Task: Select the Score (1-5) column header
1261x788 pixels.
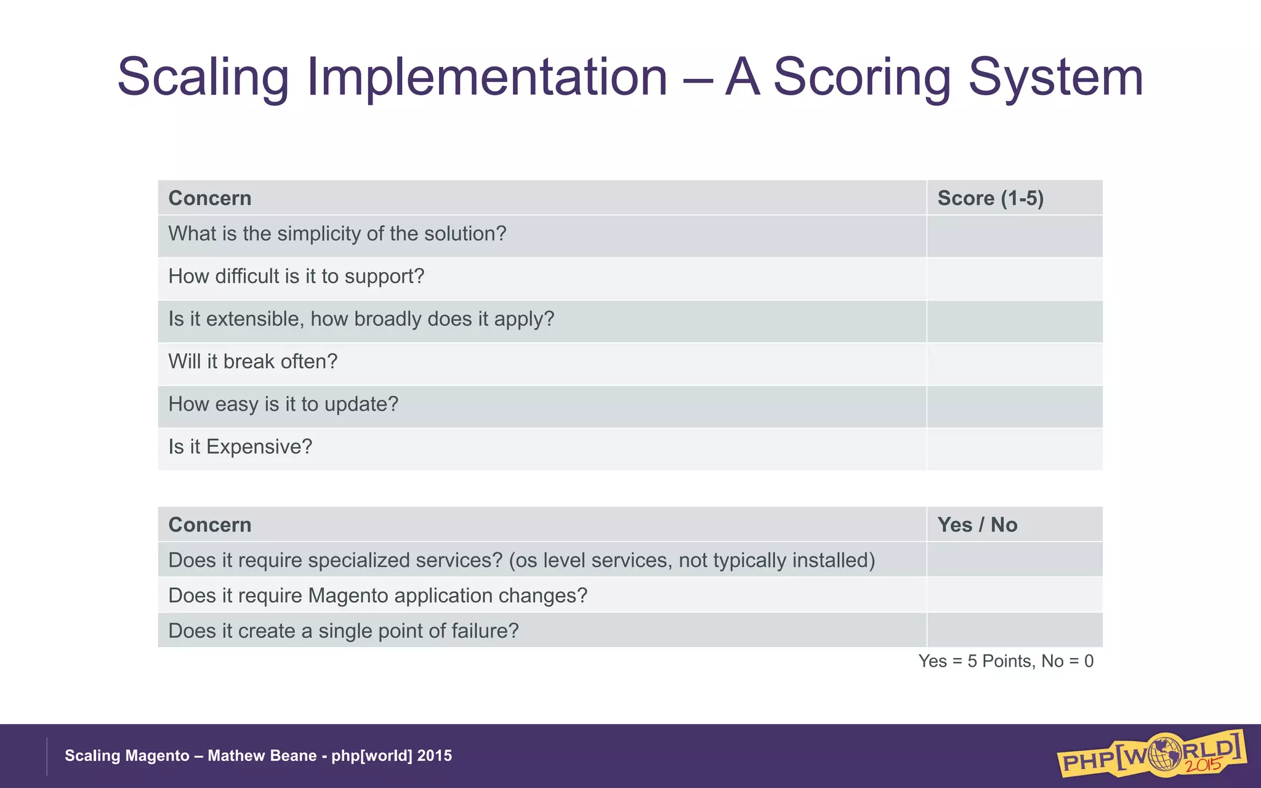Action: [990, 198]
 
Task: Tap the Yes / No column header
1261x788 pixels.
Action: [977, 525]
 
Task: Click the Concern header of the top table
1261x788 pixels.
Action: [210, 198]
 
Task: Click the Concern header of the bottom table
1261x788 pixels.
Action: [210, 525]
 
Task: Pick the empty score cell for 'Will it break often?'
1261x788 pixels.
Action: [1014, 363]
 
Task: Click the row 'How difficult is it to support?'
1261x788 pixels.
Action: [296, 276]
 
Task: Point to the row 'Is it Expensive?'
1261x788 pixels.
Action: [240, 447]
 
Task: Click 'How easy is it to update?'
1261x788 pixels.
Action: [283, 404]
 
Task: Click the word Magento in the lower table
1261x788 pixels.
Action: [348, 596]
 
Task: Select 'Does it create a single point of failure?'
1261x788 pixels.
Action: [344, 631]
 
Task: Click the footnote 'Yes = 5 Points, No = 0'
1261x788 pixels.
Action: [1005, 661]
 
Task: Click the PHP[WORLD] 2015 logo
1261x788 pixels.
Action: [1151, 754]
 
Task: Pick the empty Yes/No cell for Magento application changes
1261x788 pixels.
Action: [1014, 595]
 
